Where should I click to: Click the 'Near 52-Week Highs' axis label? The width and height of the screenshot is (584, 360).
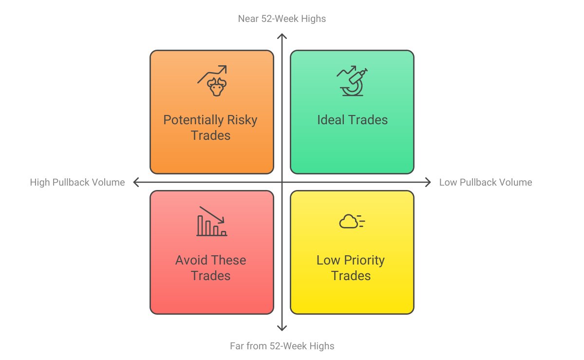282,19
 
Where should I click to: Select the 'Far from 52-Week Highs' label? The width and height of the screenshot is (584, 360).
282,346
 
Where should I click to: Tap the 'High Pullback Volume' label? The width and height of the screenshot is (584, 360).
77,183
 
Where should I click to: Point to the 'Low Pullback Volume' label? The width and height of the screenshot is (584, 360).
486,183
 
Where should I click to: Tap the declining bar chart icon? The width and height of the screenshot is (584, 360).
211,222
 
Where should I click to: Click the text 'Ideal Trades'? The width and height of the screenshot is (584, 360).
352,120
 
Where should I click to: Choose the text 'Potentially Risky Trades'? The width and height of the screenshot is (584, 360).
210,128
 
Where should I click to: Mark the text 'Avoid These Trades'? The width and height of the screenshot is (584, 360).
210,268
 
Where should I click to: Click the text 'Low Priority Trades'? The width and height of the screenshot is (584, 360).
351,268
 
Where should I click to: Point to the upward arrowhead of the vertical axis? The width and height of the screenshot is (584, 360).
282,36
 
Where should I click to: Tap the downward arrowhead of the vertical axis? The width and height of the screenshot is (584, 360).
282,329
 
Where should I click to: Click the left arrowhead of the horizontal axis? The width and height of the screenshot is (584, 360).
135,182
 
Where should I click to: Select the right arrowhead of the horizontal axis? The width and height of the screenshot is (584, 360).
428,182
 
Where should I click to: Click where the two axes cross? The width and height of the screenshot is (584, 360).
282,182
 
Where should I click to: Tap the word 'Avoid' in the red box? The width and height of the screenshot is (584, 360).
191,260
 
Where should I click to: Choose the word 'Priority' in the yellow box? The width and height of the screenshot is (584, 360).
362,260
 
